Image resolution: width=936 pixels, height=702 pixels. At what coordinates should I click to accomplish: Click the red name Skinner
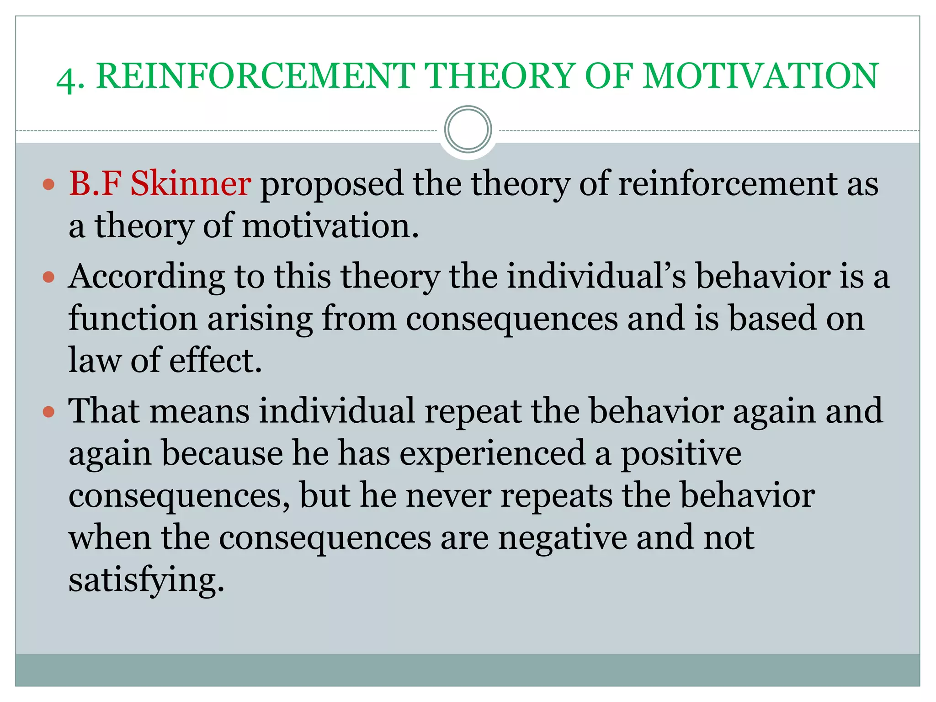pyautogui.click(x=190, y=183)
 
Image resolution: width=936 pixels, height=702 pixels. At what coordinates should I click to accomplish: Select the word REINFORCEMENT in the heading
pyautogui.click(x=255, y=76)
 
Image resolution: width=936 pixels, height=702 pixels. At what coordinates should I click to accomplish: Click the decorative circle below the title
pyautogui.click(x=468, y=130)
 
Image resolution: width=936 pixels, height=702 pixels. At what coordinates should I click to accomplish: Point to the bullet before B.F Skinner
pyautogui.click(x=48, y=185)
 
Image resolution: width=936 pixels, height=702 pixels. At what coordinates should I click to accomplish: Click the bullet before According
pyautogui.click(x=48, y=277)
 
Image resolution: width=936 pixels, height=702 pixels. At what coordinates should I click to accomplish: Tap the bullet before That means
pyautogui.click(x=48, y=412)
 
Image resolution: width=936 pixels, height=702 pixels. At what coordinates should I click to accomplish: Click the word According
pyautogui.click(x=147, y=277)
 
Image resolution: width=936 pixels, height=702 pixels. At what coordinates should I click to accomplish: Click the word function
pyautogui.click(x=133, y=318)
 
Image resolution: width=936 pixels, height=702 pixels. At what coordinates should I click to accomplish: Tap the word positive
pyautogui.click(x=681, y=453)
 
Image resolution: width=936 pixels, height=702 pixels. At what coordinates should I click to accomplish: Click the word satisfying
pyautogui.click(x=146, y=580)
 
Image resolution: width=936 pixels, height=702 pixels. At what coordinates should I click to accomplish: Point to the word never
pyautogui.click(x=448, y=495)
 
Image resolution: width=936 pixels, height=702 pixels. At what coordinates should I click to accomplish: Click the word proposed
pyautogui.click(x=332, y=183)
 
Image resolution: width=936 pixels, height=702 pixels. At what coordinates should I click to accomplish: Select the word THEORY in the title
pyautogui.click(x=499, y=76)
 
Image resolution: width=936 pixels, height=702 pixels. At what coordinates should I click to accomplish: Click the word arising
pyautogui.click(x=260, y=318)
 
